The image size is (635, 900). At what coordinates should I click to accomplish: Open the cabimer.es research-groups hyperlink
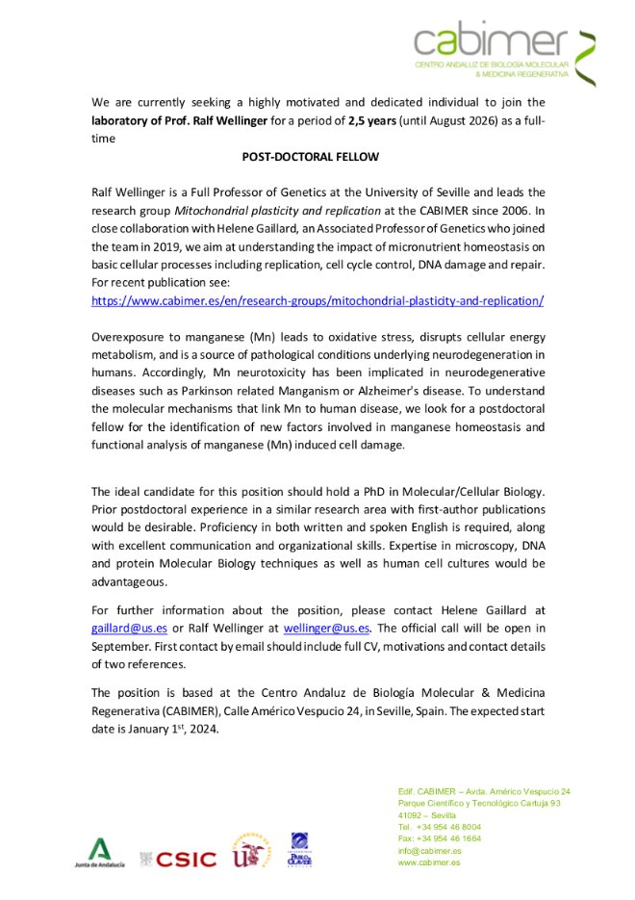(x=317, y=300)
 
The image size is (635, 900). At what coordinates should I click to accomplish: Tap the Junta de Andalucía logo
(x=100, y=853)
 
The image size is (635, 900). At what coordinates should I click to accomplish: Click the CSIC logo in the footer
(x=179, y=859)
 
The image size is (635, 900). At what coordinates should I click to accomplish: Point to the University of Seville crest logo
(x=249, y=852)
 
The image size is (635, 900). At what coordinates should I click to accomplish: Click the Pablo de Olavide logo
(x=300, y=850)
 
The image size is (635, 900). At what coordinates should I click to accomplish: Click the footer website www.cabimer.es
(x=429, y=862)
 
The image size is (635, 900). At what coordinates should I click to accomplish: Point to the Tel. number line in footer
(x=440, y=827)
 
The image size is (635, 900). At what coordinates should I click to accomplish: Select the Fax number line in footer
(x=440, y=838)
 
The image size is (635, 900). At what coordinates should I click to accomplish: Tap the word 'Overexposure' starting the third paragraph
(x=130, y=338)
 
